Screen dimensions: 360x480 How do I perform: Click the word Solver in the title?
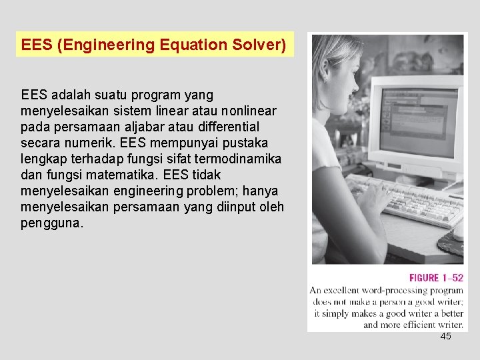(259, 45)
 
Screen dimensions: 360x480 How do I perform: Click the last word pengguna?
(51, 223)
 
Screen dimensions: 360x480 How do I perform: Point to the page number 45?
(445, 337)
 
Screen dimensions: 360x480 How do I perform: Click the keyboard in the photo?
(413, 200)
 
